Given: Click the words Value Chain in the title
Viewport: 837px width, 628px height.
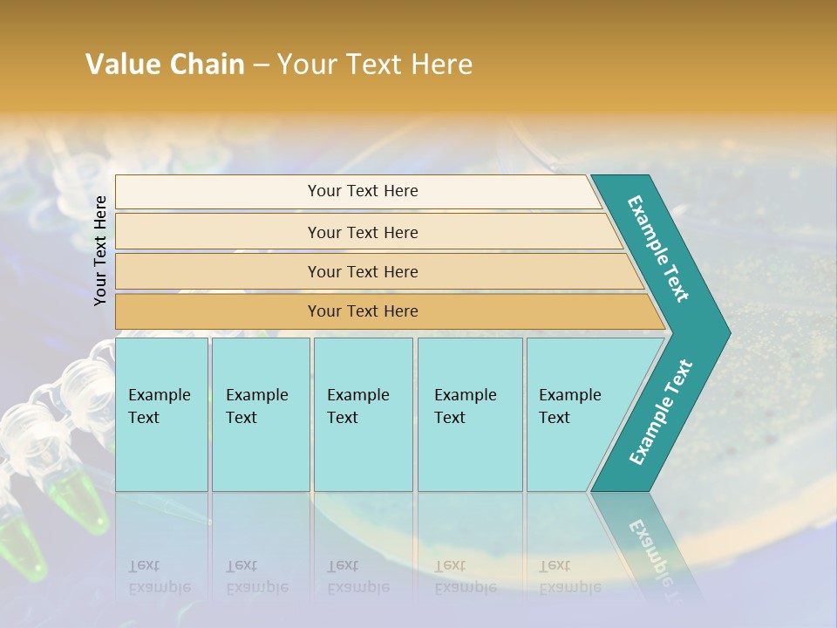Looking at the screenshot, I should point(165,65).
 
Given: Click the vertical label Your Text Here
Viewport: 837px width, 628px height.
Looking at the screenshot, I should point(101,250).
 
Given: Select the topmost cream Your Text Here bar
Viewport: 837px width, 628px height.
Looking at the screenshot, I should point(363,191).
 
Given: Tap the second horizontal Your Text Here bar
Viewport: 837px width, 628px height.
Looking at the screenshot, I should point(363,232).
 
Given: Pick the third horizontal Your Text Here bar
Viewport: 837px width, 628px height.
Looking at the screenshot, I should point(363,271).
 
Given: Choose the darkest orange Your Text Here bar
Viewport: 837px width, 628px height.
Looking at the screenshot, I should point(363,311).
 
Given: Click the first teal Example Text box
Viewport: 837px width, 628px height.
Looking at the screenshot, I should point(161,414).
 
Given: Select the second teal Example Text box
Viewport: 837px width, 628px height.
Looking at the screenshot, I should point(261,414).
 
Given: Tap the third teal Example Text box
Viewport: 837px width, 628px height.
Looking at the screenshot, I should point(363,414).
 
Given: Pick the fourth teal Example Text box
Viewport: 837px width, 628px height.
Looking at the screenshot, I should point(470,414).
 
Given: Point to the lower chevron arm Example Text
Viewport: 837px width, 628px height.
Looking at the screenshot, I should point(660,413).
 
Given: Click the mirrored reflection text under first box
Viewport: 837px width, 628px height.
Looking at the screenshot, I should point(159,577).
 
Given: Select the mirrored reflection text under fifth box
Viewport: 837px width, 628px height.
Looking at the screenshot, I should point(569,577).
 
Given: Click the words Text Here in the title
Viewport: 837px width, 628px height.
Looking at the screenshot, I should point(409,65).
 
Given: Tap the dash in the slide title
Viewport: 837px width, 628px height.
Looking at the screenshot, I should point(261,65).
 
